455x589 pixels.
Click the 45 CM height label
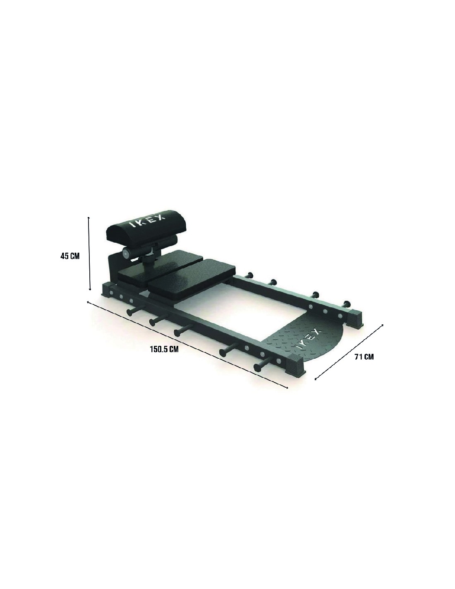point(70,256)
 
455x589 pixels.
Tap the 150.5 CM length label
point(164,349)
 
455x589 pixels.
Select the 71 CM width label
point(364,357)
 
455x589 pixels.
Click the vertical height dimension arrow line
point(89,253)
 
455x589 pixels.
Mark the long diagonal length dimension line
point(187,345)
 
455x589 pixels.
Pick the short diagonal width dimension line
point(349,352)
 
